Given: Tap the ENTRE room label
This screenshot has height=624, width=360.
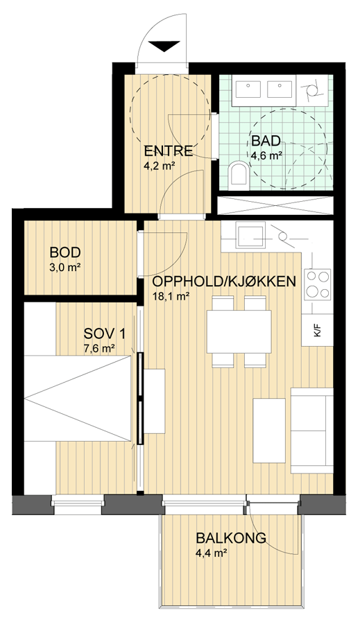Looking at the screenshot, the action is coord(168,151).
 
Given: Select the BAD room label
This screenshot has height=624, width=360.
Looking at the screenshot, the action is coord(266,141).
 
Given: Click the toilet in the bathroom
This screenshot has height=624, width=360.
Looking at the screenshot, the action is coord(239,173).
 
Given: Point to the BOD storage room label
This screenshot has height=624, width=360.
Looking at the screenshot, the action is coord(65,252).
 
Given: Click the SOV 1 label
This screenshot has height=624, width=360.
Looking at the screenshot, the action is coord(104,333).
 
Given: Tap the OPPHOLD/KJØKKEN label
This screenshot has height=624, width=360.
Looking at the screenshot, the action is coord(224,281).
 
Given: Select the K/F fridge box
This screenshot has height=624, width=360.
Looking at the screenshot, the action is coord(318,330).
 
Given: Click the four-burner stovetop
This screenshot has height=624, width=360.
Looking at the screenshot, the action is coord(318,284).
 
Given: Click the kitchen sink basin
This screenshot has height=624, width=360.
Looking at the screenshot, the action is coord(250,237).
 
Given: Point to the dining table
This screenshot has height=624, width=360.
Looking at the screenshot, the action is coord(239,331).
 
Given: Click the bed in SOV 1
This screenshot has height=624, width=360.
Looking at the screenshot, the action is coord(78,398).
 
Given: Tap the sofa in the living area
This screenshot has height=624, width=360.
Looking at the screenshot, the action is coord(312,430).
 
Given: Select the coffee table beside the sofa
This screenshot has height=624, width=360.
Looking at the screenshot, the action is coord(269,430).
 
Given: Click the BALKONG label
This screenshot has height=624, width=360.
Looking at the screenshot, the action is coord(231,538).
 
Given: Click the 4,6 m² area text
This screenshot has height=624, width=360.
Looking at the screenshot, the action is coord(266,155).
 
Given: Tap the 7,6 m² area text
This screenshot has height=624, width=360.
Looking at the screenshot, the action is coord(99,349).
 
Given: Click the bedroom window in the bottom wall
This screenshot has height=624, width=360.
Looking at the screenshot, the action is coord(78,503).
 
